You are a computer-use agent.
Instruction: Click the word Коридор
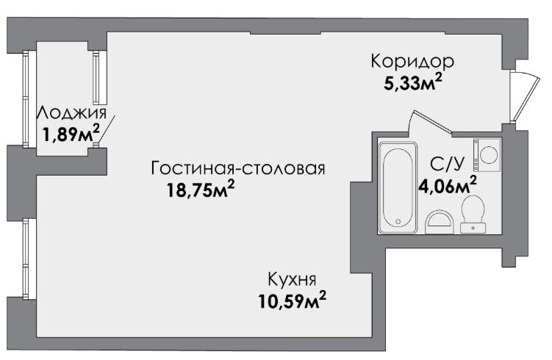coord(412,61)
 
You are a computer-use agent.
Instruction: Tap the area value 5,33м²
coord(412,83)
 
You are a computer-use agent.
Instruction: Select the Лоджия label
coord(72,113)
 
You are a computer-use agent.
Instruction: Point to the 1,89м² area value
coord(71,133)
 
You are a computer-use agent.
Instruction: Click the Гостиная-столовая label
coord(238,168)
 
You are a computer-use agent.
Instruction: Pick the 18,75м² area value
coord(201,190)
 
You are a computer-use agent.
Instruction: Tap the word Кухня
coord(292,279)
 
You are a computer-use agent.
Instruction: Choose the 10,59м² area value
coord(293,301)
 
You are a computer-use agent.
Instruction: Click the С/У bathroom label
coord(447,164)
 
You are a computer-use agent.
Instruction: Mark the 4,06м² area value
coord(448,184)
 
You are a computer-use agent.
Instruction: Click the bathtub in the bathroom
coord(398,187)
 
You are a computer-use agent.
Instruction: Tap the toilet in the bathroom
coord(473,215)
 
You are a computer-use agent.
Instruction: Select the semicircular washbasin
coord(439,223)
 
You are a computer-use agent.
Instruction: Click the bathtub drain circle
coord(398,221)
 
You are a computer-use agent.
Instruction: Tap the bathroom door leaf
coord(433,122)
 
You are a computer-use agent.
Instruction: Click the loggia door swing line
coord(106,129)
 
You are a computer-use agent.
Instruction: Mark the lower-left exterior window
coord(25,259)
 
